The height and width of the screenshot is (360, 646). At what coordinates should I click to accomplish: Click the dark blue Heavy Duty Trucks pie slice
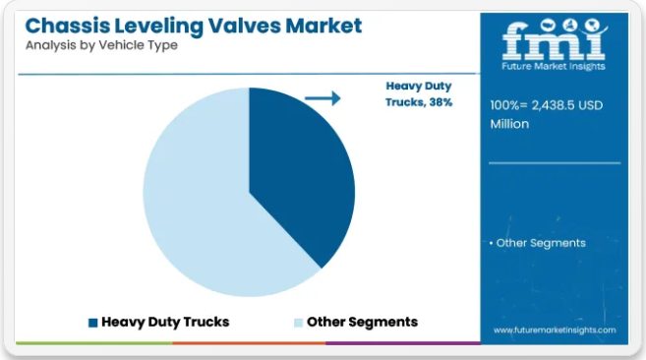click(297, 173)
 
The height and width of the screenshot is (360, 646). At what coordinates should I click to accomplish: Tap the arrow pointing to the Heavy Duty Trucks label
click(323, 98)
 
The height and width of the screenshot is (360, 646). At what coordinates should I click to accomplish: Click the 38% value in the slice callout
click(440, 102)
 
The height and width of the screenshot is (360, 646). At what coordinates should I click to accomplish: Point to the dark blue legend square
click(93, 323)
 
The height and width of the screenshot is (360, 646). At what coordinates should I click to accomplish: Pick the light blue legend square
click(298, 323)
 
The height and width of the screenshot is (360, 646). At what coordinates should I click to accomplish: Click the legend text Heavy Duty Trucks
click(165, 322)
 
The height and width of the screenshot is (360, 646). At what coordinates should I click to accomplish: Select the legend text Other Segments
click(362, 322)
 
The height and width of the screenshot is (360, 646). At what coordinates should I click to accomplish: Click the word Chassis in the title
click(68, 26)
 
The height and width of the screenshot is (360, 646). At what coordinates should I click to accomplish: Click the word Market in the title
click(323, 26)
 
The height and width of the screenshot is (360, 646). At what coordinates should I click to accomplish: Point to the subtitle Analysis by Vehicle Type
click(101, 45)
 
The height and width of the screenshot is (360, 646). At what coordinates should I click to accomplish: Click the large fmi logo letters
click(555, 40)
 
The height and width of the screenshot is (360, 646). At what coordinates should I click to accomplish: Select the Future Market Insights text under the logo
click(554, 66)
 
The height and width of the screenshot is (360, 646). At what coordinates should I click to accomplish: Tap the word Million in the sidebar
click(509, 124)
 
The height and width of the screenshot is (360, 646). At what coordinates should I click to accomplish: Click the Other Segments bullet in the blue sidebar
click(538, 243)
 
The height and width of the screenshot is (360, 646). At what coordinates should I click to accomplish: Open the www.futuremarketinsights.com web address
click(555, 330)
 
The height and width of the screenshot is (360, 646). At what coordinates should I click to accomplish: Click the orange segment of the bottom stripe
click(249, 343)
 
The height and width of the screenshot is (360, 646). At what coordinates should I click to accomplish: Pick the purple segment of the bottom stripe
click(403, 343)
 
